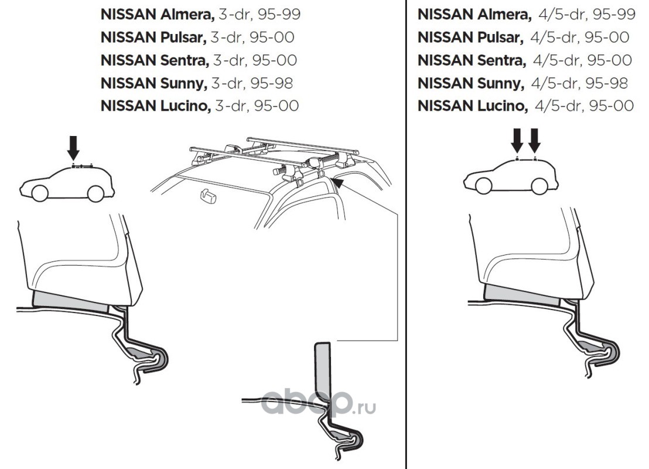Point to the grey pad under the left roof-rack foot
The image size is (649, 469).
coord(70,300)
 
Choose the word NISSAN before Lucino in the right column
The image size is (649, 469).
coord(445,106)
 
